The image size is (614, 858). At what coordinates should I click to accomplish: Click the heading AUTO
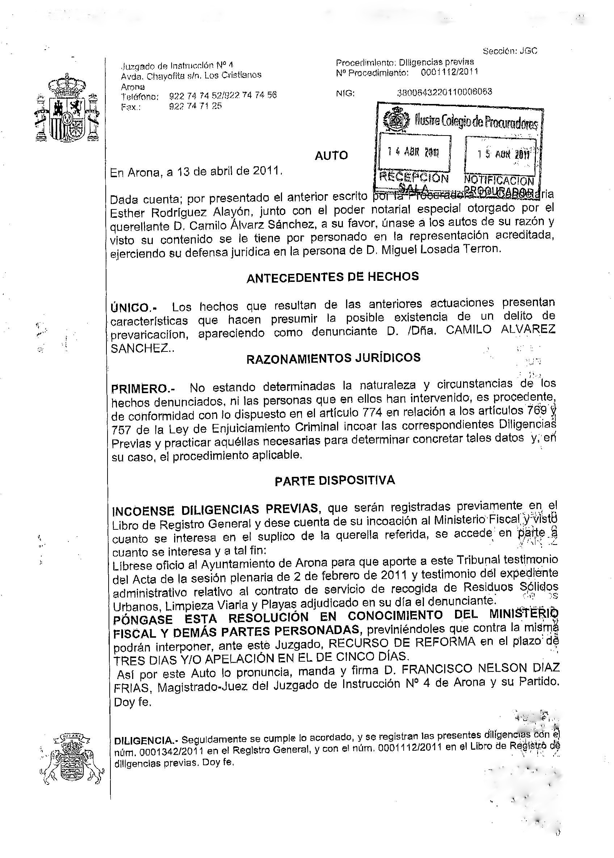tap(331, 156)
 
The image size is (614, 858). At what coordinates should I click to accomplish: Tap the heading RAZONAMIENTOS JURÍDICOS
tap(333, 358)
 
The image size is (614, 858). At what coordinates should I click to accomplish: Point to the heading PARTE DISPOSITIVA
tap(335, 480)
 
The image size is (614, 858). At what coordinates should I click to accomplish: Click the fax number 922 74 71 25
tap(195, 106)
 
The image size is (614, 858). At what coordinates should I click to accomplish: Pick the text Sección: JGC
tap(510, 51)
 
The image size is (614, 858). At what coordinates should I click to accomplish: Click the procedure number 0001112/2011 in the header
tap(450, 72)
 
